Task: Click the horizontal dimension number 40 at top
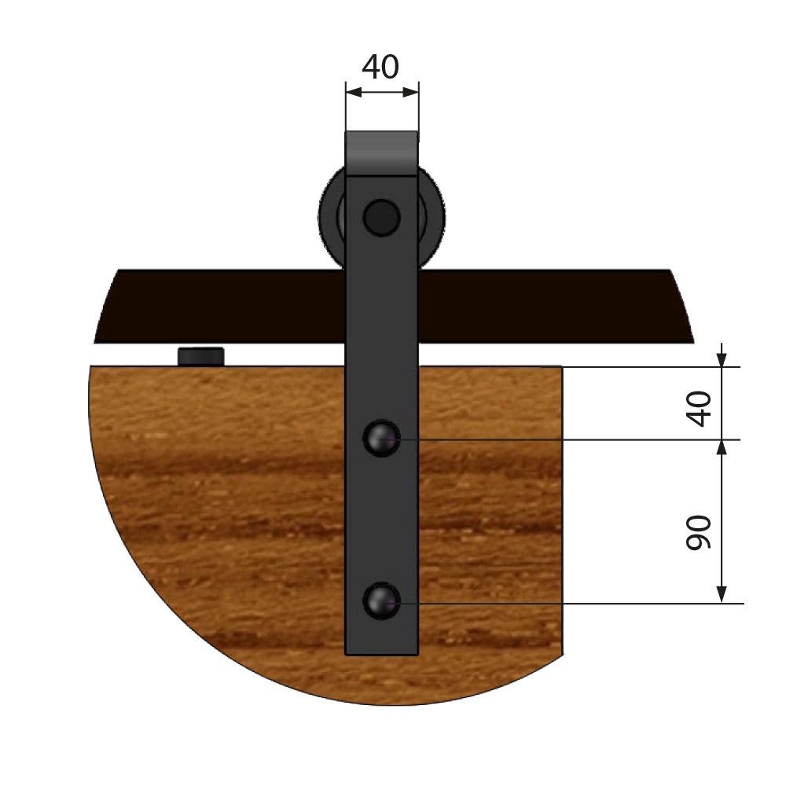[x=380, y=67]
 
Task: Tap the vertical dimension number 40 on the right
[x=699, y=409]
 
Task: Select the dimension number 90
[x=699, y=532]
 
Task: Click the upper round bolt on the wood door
[x=381, y=439]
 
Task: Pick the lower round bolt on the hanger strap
[x=381, y=601]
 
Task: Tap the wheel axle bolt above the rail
[x=381, y=218]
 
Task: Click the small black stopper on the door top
[x=201, y=356]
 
